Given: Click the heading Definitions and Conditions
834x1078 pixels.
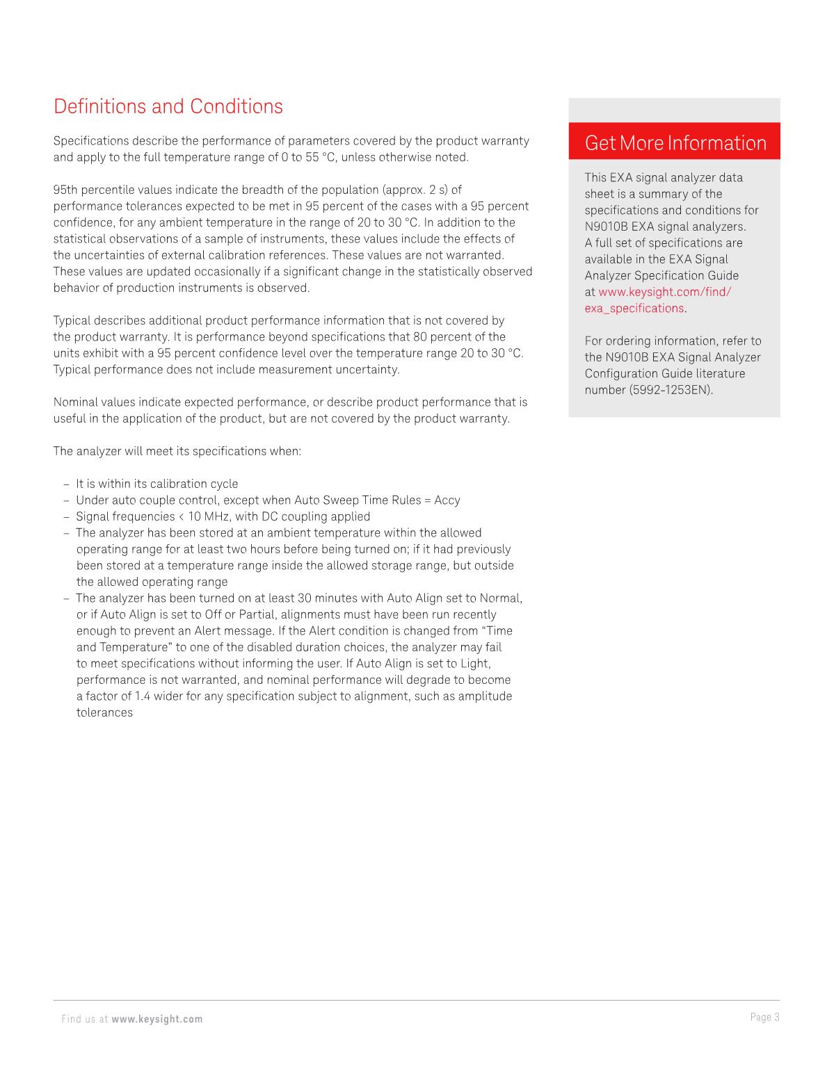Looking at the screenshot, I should coord(168,106).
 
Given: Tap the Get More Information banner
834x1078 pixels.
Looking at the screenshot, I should coord(675,142).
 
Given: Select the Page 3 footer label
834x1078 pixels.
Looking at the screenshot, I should coord(764,1018).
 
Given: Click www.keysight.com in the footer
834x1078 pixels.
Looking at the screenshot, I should coord(157,1019).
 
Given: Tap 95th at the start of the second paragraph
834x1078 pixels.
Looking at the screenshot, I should coord(65,190).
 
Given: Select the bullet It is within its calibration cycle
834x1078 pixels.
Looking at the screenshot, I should coord(157,484).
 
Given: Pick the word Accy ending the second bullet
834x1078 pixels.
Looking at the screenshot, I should coord(447,500).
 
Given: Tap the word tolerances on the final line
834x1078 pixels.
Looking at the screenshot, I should coord(104,712).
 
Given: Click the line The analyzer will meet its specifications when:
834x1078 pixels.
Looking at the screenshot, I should coord(177,451).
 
